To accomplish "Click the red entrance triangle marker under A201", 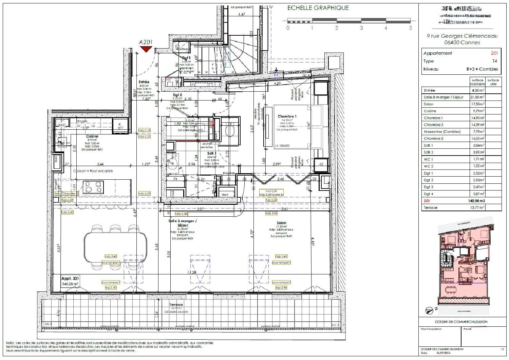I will (x=146, y=49).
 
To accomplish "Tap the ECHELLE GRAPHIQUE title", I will (x=318, y=8).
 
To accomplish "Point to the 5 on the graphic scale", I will (x=410, y=28).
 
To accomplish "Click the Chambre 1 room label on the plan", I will (x=287, y=116).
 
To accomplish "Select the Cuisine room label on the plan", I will (x=92, y=136).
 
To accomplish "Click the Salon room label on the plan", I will (x=281, y=223).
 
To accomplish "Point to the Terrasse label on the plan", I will (x=176, y=305).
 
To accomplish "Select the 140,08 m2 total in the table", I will (x=476, y=201).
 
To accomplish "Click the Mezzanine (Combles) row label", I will (x=442, y=132).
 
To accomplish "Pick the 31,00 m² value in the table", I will (x=477, y=97).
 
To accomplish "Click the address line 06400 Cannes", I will (x=462, y=42).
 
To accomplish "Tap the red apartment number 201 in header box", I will (x=494, y=53).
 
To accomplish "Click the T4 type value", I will (x=494, y=61).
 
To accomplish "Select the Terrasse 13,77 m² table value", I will (x=477, y=208).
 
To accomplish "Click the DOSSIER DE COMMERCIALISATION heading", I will (x=461, y=322).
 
